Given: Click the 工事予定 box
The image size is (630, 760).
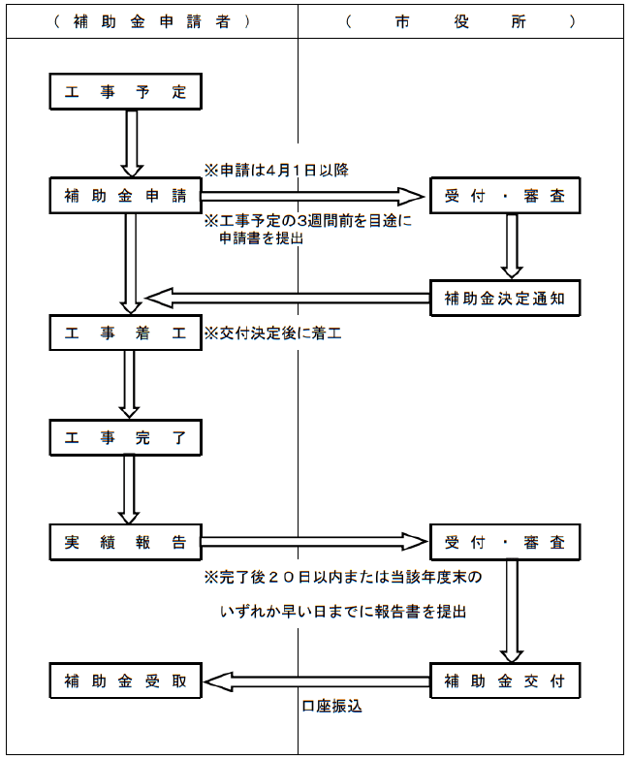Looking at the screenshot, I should pyautogui.click(x=125, y=93).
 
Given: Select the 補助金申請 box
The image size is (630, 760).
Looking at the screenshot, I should pyautogui.click(x=125, y=195).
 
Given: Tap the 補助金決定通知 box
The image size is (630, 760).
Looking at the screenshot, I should pyautogui.click(x=504, y=298).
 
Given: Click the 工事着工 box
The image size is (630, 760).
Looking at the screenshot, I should pyautogui.click(x=125, y=332).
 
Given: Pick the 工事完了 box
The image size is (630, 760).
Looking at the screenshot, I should pyautogui.click(x=125, y=436).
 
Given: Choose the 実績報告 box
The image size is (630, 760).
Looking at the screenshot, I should pyautogui.click(x=125, y=542).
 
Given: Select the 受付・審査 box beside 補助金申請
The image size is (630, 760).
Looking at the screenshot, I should pyautogui.click(x=504, y=195).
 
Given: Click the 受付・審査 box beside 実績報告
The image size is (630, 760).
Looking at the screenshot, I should pyautogui.click(x=504, y=542).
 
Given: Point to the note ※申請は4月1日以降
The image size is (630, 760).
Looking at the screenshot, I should pyautogui.click(x=275, y=169).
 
